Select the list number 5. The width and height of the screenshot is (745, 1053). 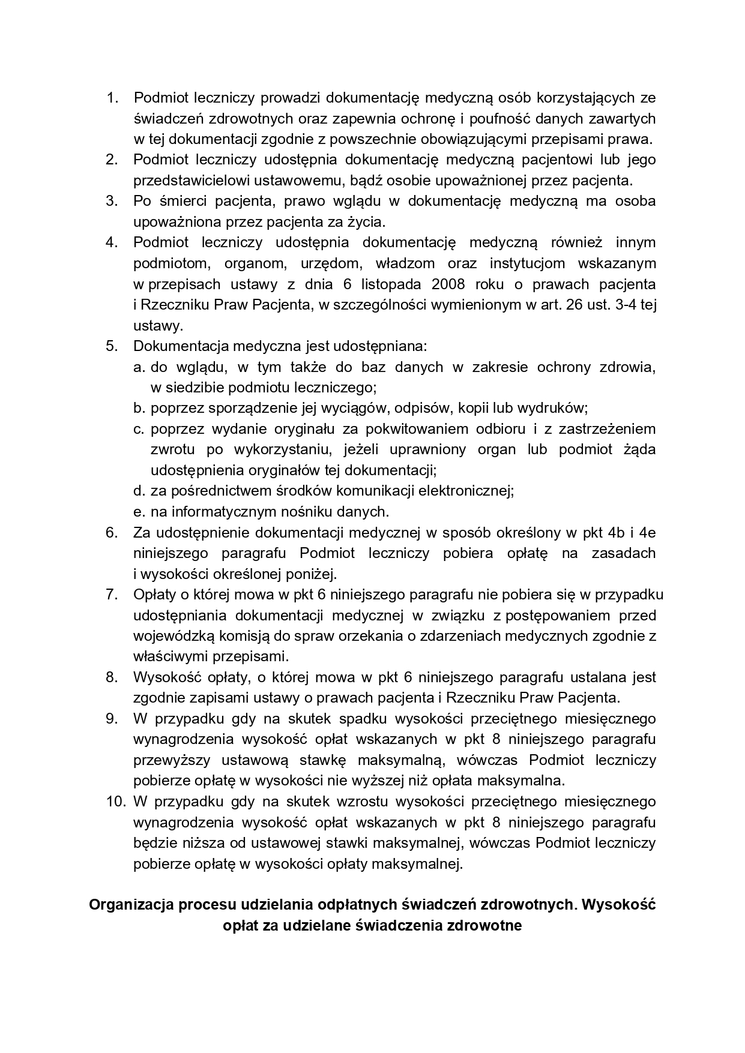pyautogui.click(x=112, y=346)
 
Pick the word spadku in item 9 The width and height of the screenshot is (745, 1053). pyautogui.click(x=362, y=718)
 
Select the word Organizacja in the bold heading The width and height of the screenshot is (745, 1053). pyautogui.click(x=131, y=904)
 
